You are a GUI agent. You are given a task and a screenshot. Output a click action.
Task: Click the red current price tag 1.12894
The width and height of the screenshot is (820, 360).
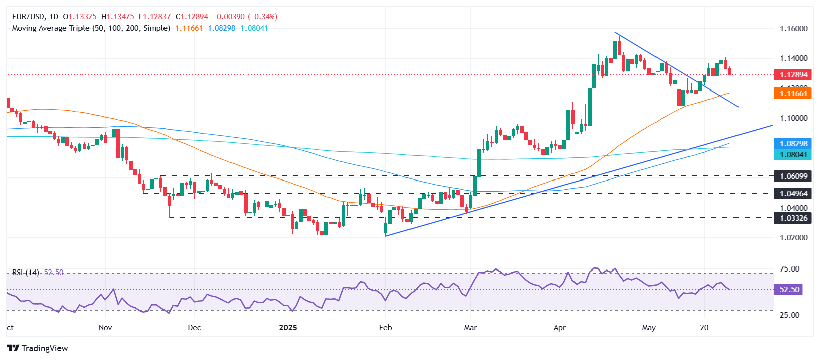793,75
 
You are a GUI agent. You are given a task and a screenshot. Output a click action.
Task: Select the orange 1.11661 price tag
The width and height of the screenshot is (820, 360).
793,93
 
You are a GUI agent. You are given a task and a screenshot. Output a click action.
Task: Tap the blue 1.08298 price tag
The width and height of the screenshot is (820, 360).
793,144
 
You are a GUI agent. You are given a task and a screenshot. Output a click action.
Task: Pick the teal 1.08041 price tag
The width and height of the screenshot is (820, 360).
793,155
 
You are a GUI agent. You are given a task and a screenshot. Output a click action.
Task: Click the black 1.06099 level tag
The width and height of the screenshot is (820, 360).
793,176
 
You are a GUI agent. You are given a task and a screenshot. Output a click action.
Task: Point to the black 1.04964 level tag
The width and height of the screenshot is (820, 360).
793,193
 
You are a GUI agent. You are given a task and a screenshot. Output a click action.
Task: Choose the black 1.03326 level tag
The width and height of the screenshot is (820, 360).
793,218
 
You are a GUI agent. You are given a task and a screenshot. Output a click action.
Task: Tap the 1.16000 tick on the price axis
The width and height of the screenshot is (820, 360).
793,29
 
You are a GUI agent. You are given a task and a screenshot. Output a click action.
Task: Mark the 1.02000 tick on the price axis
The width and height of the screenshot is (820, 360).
793,237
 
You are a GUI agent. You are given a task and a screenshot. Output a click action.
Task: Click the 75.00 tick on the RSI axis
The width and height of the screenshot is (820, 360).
789,269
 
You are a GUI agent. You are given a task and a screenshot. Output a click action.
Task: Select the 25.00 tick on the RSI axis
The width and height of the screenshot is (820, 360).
789,315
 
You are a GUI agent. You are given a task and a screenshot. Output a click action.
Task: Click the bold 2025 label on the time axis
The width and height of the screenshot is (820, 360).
288,328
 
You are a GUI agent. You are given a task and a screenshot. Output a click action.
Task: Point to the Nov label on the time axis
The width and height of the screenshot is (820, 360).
105,328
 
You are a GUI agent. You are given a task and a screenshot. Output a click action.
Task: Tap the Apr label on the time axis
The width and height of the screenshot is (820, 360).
559,328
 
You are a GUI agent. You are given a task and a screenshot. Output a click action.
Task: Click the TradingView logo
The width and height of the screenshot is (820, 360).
37,348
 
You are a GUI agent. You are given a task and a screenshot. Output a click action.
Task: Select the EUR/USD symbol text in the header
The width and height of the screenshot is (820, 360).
28,17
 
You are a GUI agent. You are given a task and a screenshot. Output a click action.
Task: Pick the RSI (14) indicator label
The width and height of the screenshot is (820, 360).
26,273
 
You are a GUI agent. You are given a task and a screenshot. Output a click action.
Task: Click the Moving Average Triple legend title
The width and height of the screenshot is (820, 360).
91,28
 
